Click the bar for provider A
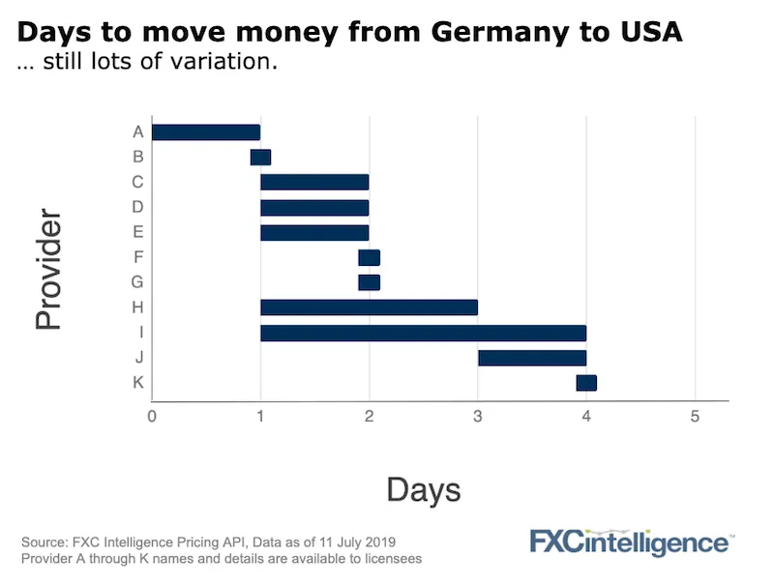pos(206,132)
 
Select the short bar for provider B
pos(260,158)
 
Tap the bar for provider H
pos(369,308)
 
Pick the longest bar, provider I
pos(423,333)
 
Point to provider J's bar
pos(531,358)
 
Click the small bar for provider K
pos(586,383)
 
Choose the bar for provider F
pos(369,257)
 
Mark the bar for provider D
pos(314,207)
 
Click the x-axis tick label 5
pos(694,417)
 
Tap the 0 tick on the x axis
pos(152,417)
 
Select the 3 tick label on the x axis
pos(477,417)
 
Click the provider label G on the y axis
pos(138,282)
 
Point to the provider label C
pos(138,182)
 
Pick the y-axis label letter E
pos(138,232)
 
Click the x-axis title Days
pos(423,489)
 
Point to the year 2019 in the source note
pos(378,541)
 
